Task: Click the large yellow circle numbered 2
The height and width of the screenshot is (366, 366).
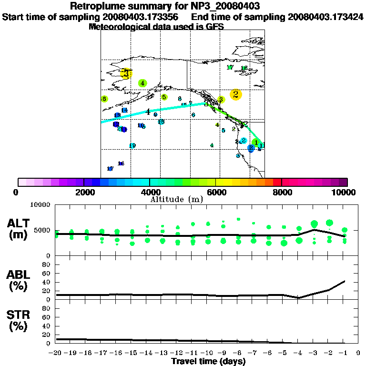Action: [235, 94]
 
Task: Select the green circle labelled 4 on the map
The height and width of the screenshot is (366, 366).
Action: [142, 83]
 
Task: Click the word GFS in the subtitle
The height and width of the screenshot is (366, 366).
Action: [214, 27]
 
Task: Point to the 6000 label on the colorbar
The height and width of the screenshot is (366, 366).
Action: [215, 192]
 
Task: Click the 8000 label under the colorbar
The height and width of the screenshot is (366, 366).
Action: [282, 192]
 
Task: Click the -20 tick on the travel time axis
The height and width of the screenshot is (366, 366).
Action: [56, 353]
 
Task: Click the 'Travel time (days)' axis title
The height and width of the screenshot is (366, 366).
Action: [209, 361]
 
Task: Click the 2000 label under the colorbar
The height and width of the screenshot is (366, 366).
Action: [84, 192]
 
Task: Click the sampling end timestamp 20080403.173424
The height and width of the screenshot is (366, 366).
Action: [325, 17]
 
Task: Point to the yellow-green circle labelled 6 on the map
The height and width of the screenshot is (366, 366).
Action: [104, 99]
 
